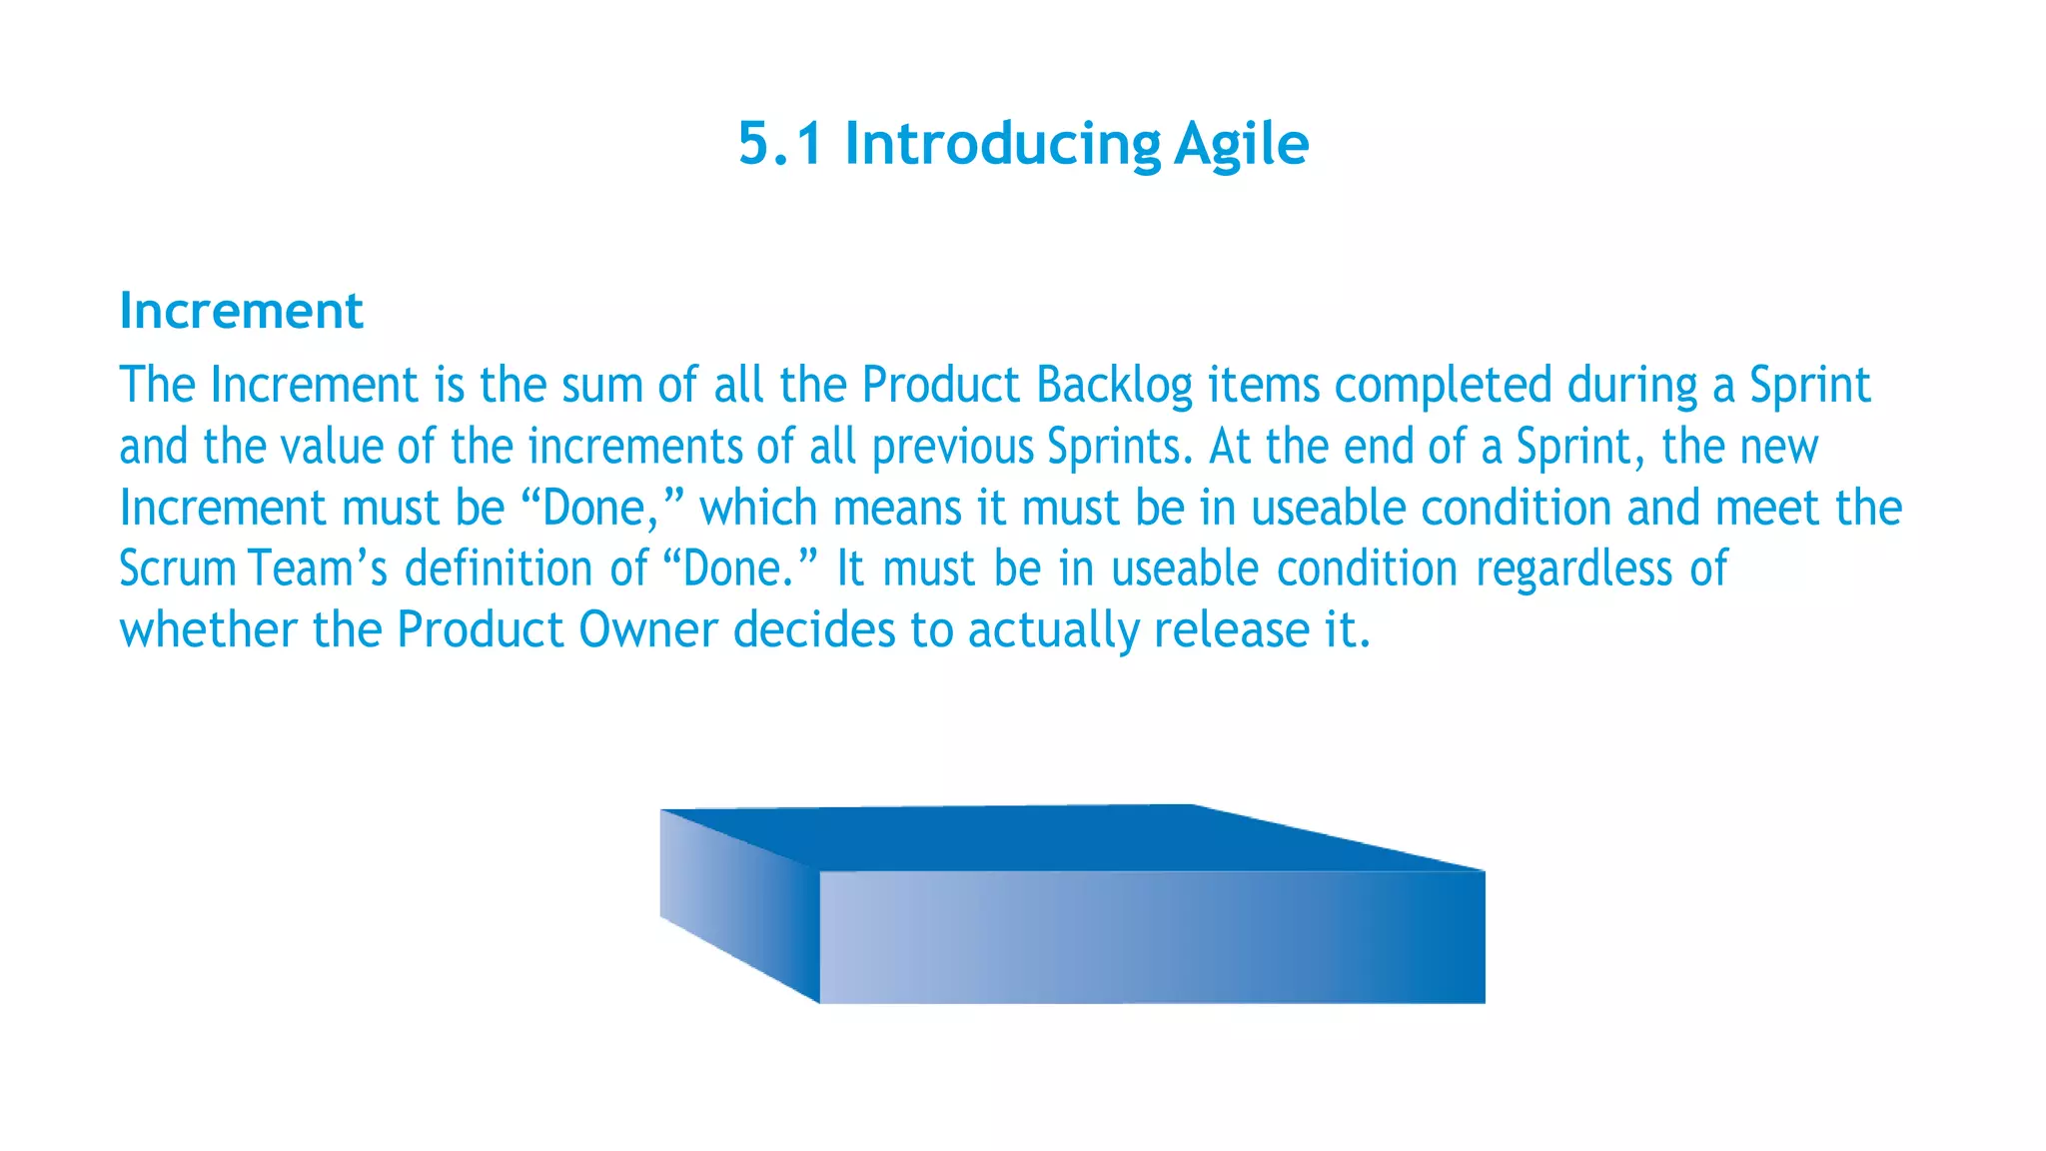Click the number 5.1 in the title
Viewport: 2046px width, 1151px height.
780,144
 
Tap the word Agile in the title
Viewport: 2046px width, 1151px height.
1241,144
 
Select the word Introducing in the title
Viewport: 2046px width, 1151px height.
1002,144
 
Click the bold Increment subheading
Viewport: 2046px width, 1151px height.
241,311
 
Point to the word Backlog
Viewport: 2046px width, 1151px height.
1114,386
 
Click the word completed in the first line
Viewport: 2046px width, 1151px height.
1443,386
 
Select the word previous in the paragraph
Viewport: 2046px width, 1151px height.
952,447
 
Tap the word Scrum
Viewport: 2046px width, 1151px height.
177,569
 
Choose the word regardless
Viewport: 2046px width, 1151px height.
1573,569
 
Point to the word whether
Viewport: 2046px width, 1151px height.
208,630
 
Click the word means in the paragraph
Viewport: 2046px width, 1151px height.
896,508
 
